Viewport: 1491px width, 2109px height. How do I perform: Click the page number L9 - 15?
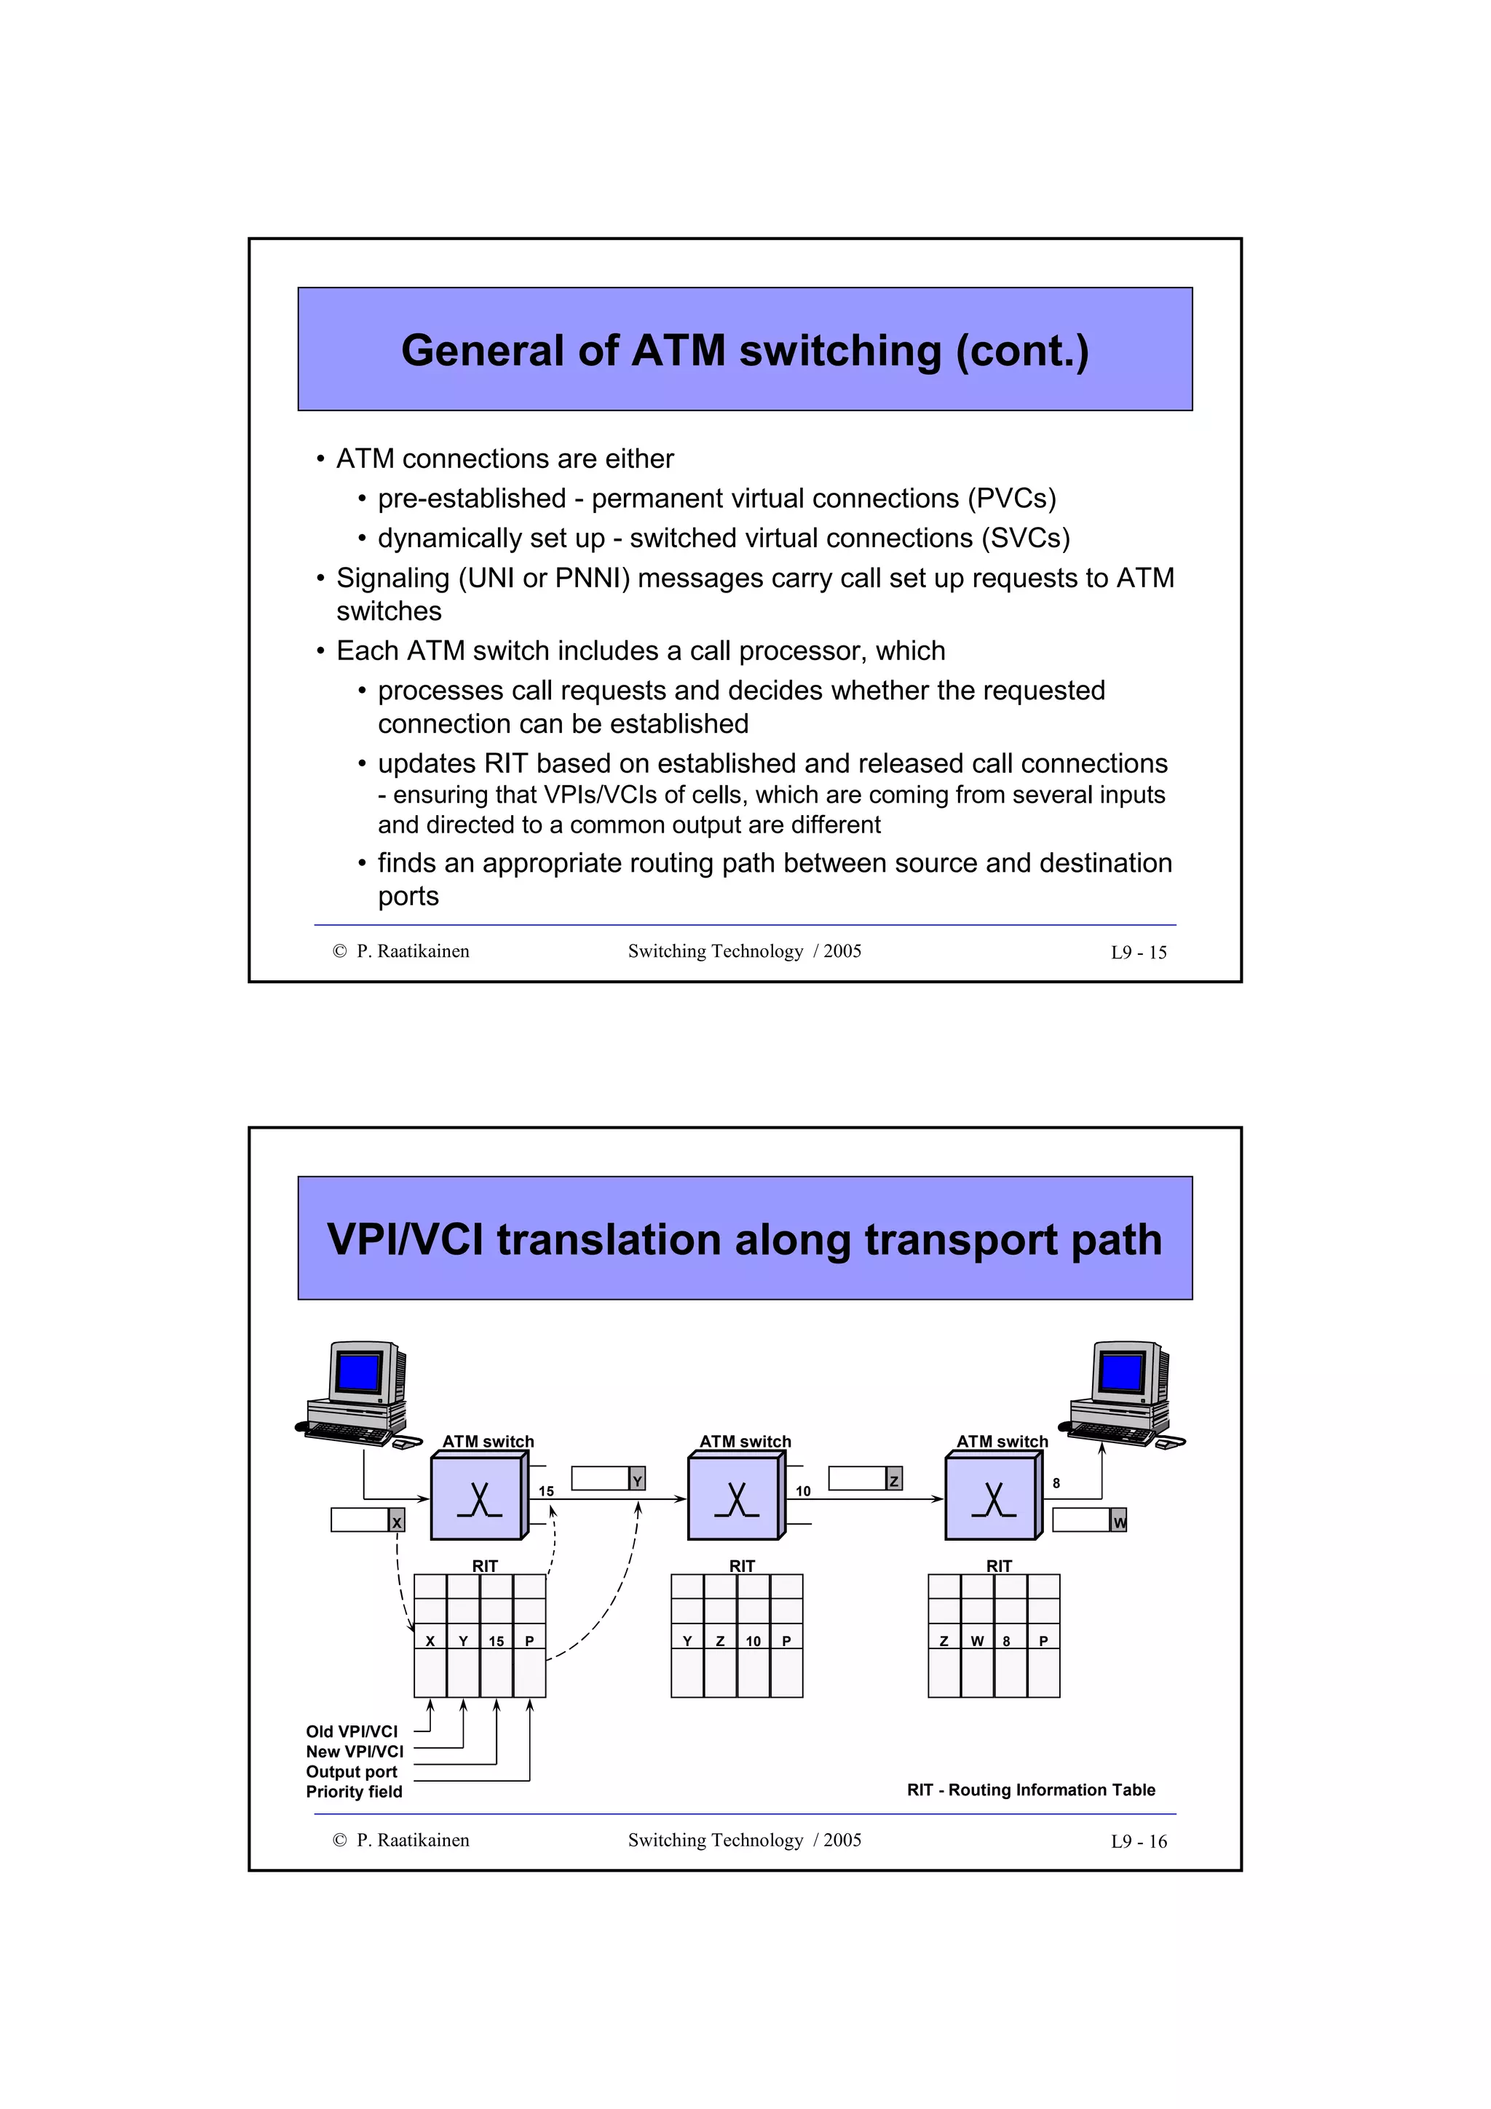(1138, 953)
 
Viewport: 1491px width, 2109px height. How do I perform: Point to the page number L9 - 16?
(1138, 1842)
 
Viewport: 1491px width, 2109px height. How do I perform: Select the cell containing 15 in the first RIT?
(496, 1642)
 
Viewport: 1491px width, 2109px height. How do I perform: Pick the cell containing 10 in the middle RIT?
(754, 1642)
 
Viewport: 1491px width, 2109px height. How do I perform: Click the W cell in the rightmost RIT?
(978, 1642)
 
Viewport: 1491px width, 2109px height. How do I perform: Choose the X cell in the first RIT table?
(430, 1642)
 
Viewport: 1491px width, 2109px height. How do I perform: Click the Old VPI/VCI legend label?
(352, 1731)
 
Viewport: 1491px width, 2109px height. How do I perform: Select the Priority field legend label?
(354, 1792)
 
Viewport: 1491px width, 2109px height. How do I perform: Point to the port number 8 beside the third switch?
(1056, 1483)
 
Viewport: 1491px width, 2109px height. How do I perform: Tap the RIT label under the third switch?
(999, 1566)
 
